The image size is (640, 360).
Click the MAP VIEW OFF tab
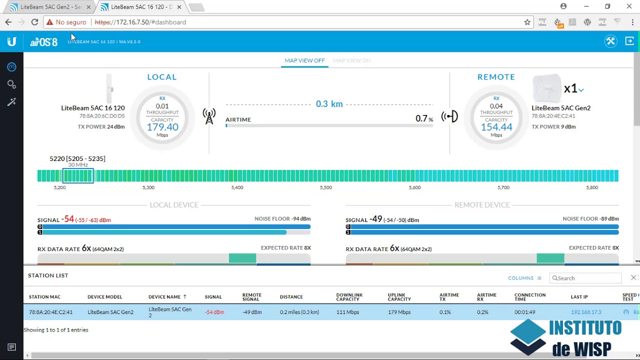[304, 60]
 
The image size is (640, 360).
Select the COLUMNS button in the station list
[524, 278]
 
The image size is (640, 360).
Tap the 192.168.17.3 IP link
[586, 312]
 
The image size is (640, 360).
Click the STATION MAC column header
[44, 297]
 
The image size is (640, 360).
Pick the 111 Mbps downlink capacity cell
[347, 312]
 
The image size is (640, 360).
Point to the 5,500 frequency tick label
[326, 187]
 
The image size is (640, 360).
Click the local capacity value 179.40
[162, 127]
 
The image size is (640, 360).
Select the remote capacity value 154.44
[496, 127]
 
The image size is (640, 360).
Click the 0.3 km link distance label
[329, 104]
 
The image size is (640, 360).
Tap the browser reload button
[34, 22]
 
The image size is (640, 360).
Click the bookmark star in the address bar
[527, 22]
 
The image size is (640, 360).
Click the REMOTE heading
[496, 77]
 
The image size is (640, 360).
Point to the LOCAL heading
[162, 77]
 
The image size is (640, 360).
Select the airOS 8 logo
[44, 42]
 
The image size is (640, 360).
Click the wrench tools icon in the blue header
[610, 41]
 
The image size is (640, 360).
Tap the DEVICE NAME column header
[167, 297]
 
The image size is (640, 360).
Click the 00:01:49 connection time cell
[524, 312]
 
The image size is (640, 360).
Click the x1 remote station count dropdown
[574, 89]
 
